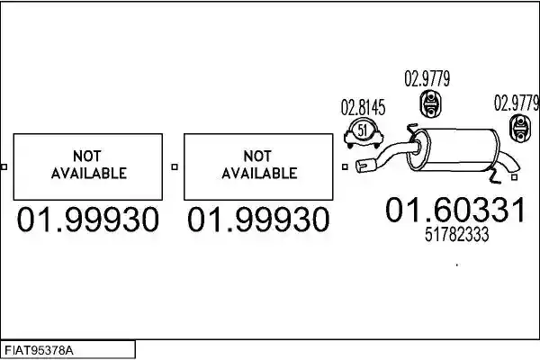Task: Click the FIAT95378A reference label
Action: (x=39, y=351)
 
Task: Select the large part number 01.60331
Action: (x=455, y=210)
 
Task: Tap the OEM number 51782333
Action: (x=456, y=235)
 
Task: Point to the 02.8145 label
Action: (x=363, y=107)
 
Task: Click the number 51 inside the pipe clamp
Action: (x=363, y=130)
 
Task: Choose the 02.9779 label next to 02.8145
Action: (x=427, y=78)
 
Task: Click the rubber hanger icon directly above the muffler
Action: (x=430, y=103)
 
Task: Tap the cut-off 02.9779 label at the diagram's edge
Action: (x=517, y=103)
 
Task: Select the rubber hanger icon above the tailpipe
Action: (x=519, y=128)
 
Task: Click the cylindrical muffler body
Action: (x=454, y=150)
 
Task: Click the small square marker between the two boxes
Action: (x=175, y=166)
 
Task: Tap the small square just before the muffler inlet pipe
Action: (x=345, y=166)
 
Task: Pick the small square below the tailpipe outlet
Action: (x=515, y=177)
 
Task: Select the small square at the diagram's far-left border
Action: (x=4, y=166)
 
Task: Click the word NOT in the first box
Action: (x=86, y=156)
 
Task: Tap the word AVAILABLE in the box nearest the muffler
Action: (x=259, y=173)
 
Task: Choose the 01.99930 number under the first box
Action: (x=88, y=220)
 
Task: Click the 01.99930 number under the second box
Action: (x=258, y=220)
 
